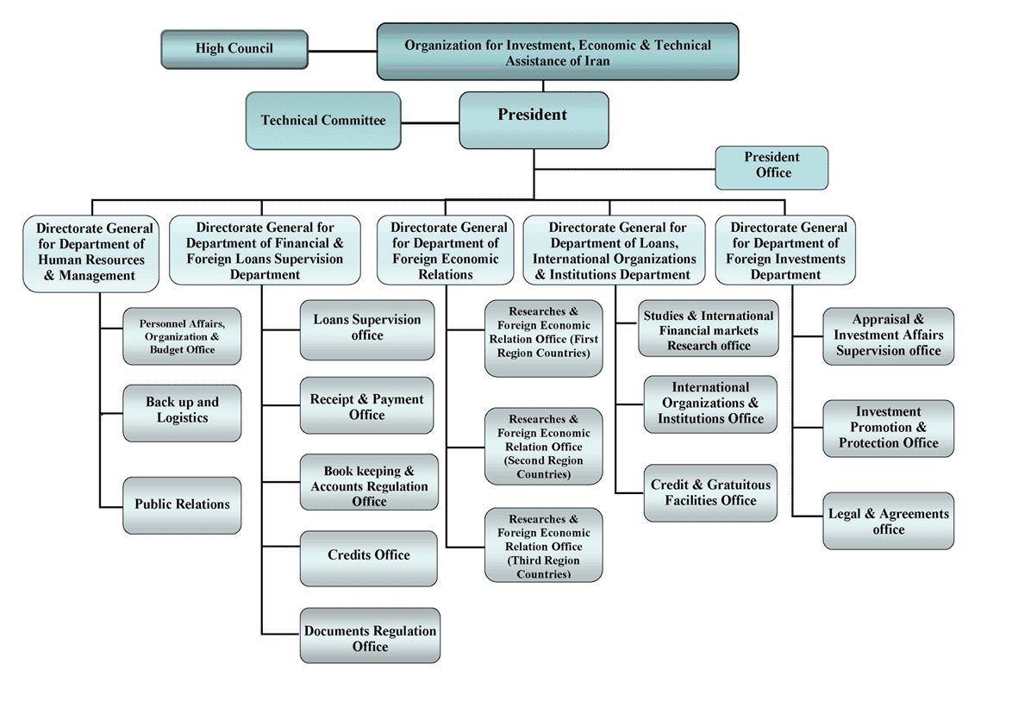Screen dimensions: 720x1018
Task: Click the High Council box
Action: point(234,49)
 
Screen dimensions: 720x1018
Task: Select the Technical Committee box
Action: point(323,121)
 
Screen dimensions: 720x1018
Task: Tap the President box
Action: point(534,120)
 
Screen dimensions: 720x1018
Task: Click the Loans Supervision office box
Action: point(366,329)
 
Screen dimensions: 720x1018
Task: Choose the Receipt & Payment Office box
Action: point(366,407)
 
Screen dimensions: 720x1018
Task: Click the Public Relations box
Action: point(182,504)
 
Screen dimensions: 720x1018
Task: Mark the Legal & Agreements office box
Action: point(888,521)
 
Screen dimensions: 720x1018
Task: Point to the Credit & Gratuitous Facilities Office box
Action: point(710,493)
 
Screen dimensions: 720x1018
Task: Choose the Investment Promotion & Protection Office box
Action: point(888,429)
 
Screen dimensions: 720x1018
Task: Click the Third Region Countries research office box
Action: point(543,545)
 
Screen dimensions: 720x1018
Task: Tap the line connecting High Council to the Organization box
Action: point(342,51)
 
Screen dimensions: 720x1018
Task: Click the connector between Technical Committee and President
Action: point(429,122)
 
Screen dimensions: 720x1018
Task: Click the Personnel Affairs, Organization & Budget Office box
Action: point(182,336)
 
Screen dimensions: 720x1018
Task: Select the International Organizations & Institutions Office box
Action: point(710,404)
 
